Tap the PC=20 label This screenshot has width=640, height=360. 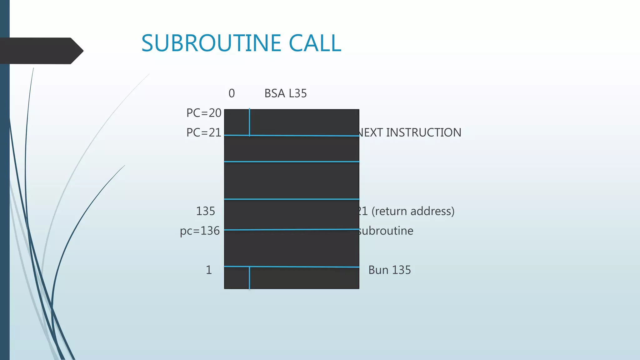[x=204, y=113]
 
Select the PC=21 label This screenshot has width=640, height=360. [x=204, y=132]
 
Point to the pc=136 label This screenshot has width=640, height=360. [x=200, y=231]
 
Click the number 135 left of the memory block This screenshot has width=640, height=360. [x=205, y=211]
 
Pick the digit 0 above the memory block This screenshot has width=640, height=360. [x=232, y=93]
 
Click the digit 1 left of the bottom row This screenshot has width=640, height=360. [x=209, y=270]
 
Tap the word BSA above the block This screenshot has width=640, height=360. [x=275, y=93]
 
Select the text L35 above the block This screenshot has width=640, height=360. [x=298, y=93]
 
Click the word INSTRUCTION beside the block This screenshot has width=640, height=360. [x=423, y=132]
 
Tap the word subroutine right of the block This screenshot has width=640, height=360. [x=386, y=231]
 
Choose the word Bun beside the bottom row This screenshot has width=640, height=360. [x=378, y=270]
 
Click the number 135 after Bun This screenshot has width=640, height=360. [x=401, y=270]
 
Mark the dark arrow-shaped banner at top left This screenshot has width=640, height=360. [x=41, y=51]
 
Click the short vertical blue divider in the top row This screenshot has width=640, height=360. [x=249, y=122]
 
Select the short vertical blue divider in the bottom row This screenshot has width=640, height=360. [x=249, y=278]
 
